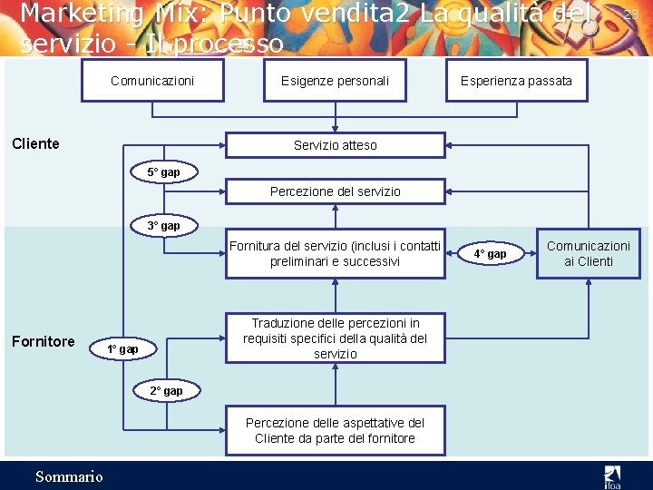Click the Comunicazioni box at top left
(152, 81)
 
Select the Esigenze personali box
(335, 81)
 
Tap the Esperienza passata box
(516, 81)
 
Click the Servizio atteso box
(335, 145)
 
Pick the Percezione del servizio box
(335, 191)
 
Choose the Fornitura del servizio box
(335, 253)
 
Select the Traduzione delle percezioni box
(335, 338)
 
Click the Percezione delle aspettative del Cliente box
(335, 430)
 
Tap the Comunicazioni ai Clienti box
(588, 253)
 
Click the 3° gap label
(163, 226)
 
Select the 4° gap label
(491, 254)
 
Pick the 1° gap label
(122, 349)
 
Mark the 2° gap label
(166, 391)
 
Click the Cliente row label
(35, 143)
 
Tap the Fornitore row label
(43, 341)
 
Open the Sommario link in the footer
(69, 476)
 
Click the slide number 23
(631, 14)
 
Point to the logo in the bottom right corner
(613, 475)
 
